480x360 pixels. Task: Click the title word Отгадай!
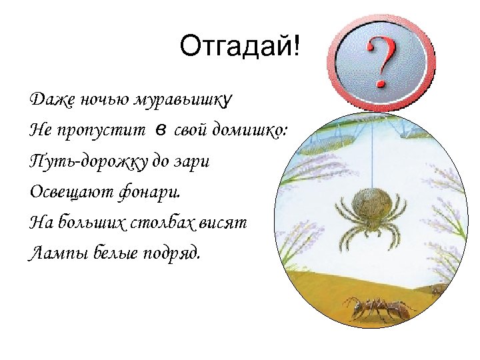click(x=240, y=46)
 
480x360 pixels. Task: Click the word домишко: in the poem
click(x=249, y=131)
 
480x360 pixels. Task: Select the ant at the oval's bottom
click(x=381, y=309)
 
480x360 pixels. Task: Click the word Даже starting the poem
click(x=47, y=101)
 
